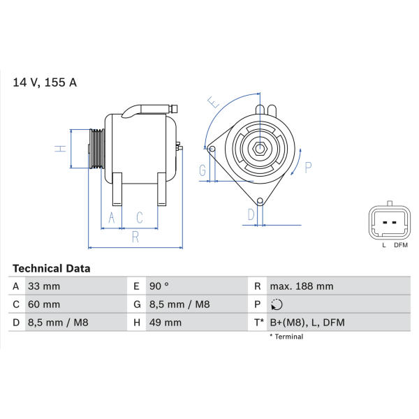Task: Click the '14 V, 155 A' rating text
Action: point(45,82)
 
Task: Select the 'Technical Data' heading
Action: point(51,269)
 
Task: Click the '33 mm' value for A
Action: point(44,286)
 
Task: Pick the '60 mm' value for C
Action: point(44,304)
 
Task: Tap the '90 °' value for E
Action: point(159,286)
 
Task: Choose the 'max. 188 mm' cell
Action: point(302,286)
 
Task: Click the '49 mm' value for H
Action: point(166,323)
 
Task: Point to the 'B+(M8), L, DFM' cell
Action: point(307,323)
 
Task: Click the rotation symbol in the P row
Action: point(277,304)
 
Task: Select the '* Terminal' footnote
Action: point(286,337)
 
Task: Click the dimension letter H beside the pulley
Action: point(61,149)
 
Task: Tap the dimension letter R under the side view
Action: point(135,237)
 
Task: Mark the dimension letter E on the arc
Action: point(214,102)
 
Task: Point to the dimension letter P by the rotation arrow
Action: point(309,168)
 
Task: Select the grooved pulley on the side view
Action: point(97,149)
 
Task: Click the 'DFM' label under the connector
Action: point(401,245)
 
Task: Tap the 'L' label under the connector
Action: point(384,245)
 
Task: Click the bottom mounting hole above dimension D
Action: point(260,201)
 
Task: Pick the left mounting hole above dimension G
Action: point(212,149)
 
